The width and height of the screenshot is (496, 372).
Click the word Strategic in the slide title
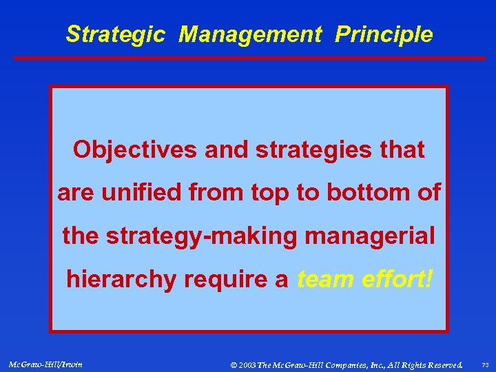(x=115, y=34)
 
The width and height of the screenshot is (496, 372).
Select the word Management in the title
(x=250, y=34)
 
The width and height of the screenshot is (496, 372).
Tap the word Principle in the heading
(x=384, y=34)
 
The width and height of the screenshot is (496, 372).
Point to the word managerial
(x=370, y=236)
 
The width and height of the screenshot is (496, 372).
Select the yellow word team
(x=322, y=280)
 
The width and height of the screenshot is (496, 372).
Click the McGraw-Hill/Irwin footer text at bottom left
(x=45, y=364)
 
